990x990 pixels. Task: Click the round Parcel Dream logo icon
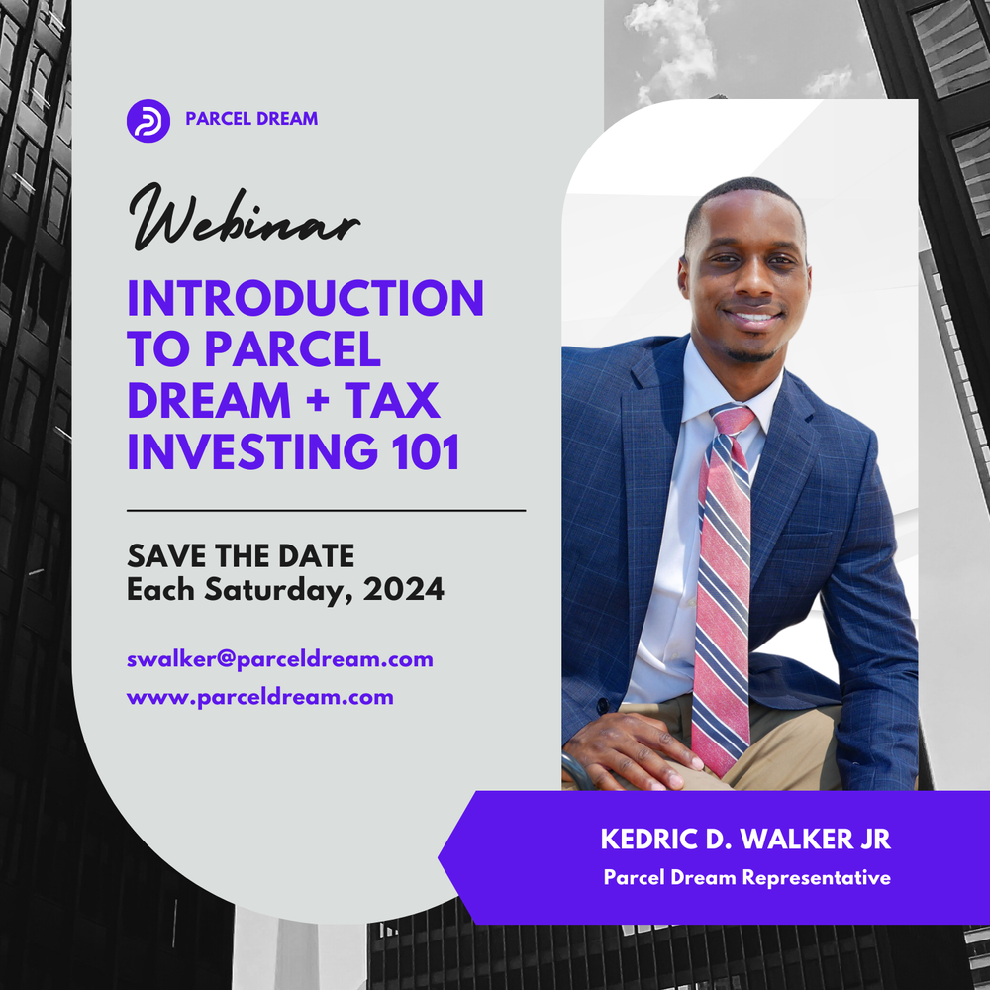(x=148, y=120)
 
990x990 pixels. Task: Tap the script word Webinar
(x=242, y=217)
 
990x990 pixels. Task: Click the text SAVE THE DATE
(x=241, y=554)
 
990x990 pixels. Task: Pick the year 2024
(x=403, y=589)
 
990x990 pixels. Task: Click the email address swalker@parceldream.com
(x=279, y=658)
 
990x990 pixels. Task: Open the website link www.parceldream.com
(x=259, y=697)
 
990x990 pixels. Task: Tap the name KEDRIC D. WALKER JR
(x=745, y=841)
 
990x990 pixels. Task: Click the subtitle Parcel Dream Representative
(x=746, y=877)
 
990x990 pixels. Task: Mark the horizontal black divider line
(x=326, y=511)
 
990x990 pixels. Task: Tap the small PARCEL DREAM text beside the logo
(x=251, y=119)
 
